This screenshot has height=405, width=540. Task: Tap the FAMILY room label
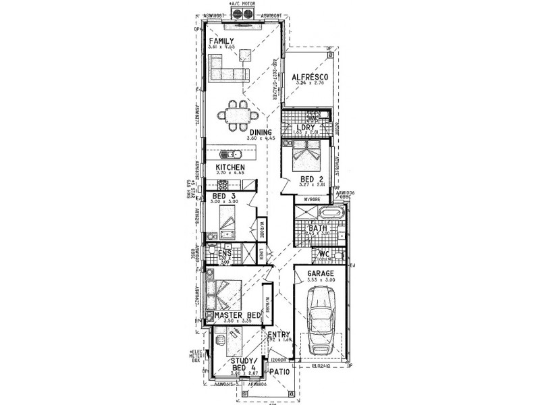pyautogui.click(x=221, y=41)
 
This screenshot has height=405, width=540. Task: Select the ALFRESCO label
pyautogui.click(x=309, y=78)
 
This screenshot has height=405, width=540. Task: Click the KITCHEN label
pyautogui.click(x=230, y=167)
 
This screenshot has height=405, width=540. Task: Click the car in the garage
pyautogui.click(x=322, y=322)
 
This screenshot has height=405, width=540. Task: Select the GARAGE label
pyautogui.click(x=321, y=273)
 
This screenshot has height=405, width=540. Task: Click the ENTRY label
pyautogui.click(x=279, y=335)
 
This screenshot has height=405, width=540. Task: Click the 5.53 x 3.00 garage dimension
pyautogui.click(x=321, y=279)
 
